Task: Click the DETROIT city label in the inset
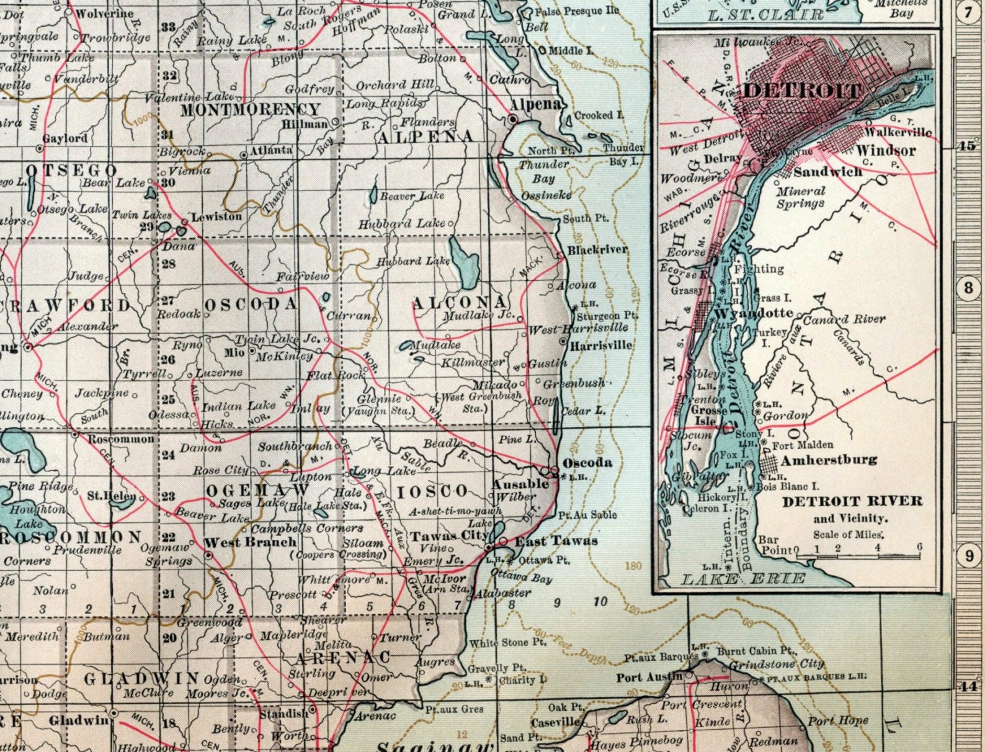tap(802, 90)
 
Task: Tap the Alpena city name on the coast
tap(535, 104)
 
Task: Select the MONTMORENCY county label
tap(250, 110)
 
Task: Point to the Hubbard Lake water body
tap(464, 260)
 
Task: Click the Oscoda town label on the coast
tap(587, 463)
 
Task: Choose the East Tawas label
tap(556, 541)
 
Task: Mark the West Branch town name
tap(250, 542)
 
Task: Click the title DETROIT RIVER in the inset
tap(852, 501)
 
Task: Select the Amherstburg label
tap(829, 460)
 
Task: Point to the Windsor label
tap(886, 150)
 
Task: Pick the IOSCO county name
tap(432, 492)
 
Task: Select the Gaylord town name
tap(65, 138)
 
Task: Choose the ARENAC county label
tap(342, 657)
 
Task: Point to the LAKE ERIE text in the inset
tap(744, 580)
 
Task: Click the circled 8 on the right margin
tap(968, 288)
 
